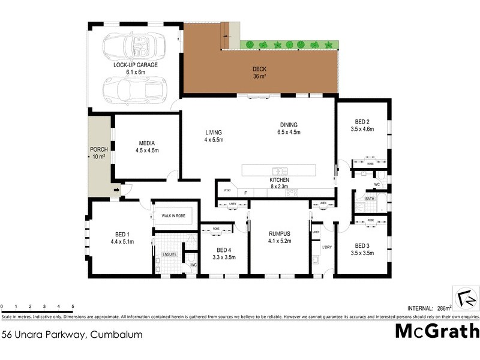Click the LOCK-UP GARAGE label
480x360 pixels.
click(x=136, y=64)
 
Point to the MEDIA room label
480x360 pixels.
click(x=147, y=143)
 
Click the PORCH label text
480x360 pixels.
click(x=98, y=149)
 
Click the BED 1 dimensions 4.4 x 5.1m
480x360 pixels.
click(x=121, y=242)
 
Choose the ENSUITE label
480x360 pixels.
click(x=170, y=254)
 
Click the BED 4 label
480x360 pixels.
click(x=223, y=250)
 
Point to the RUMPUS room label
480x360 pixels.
click(x=280, y=233)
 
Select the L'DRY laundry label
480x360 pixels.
click(x=327, y=247)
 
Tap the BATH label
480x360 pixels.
click(x=370, y=198)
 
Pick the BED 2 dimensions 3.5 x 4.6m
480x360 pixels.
click(x=362, y=128)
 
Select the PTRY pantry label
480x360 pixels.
click(x=227, y=190)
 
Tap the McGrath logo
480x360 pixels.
click(x=437, y=331)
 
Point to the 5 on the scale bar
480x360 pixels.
click(x=73, y=307)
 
